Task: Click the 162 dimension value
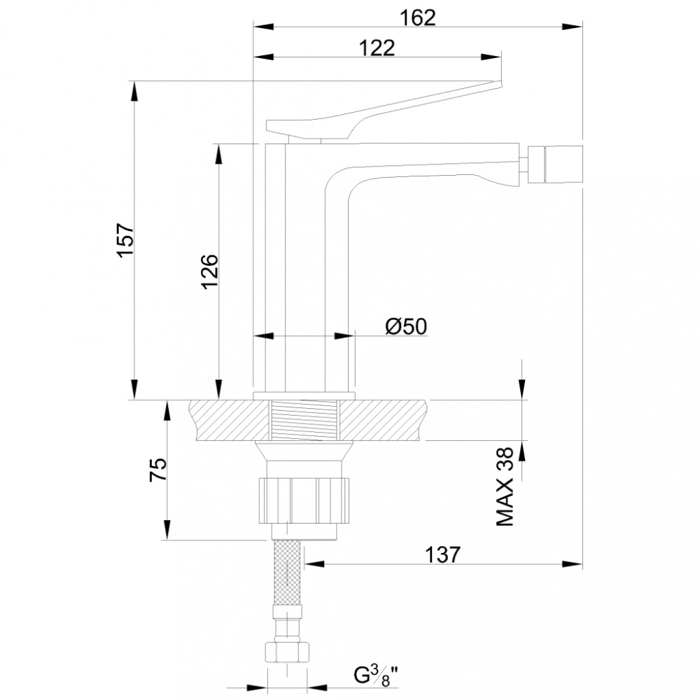point(417,17)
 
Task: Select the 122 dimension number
point(377,48)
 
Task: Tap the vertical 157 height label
point(126,240)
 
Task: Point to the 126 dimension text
point(210,272)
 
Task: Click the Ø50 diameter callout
point(406,326)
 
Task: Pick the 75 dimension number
point(157,469)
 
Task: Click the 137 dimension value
point(442,555)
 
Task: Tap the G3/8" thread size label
point(376,675)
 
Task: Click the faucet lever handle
point(384,111)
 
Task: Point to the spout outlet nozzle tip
point(555,164)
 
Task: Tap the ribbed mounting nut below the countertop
point(304,500)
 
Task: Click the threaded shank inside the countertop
point(305,420)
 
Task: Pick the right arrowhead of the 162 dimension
point(573,27)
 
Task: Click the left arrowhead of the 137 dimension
point(315,564)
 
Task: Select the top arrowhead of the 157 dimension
point(134,92)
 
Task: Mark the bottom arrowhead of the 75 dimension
point(167,529)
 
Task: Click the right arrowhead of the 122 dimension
point(491,57)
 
